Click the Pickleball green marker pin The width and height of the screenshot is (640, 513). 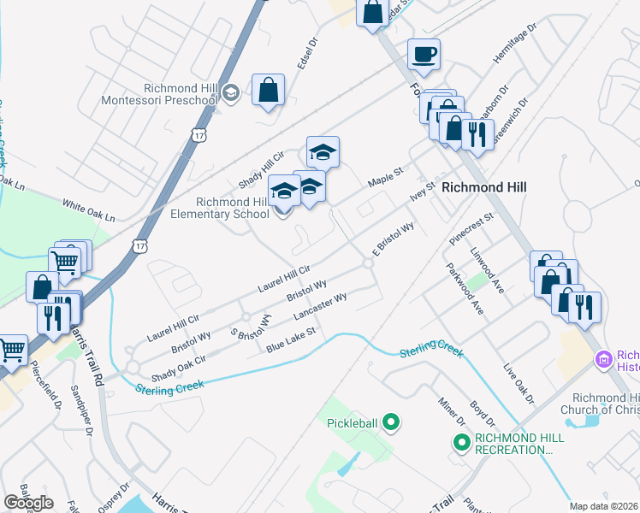[x=391, y=422]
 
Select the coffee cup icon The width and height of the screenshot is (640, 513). [x=424, y=56]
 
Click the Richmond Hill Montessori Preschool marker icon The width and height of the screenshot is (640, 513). [x=230, y=92]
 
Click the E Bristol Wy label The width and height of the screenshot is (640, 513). [x=394, y=239]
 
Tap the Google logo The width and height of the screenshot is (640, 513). [x=28, y=502]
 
